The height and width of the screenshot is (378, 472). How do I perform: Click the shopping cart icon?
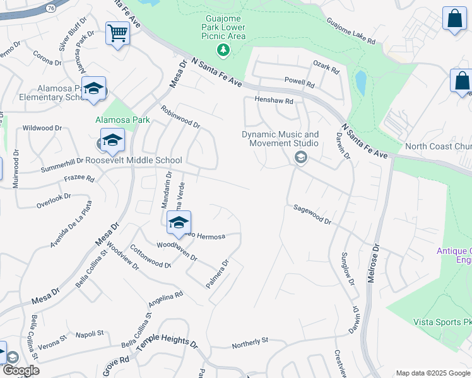pyautogui.click(x=117, y=33)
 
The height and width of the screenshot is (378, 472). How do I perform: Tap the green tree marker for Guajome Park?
pyautogui.click(x=221, y=49)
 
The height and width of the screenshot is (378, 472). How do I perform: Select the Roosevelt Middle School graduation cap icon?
pyautogui.click(x=112, y=140)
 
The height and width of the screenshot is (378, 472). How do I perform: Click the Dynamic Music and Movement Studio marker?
pyautogui.click(x=300, y=157)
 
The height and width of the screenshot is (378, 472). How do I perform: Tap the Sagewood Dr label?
pyautogui.click(x=312, y=214)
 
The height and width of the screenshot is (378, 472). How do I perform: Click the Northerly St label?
pyautogui.click(x=250, y=342)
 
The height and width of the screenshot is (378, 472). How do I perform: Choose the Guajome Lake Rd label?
pyautogui.click(x=351, y=31)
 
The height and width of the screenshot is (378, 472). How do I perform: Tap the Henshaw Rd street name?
pyautogui.click(x=274, y=100)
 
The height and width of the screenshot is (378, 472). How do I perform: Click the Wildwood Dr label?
pyautogui.click(x=42, y=128)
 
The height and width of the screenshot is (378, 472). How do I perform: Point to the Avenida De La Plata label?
pyautogui.click(x=71, y=224)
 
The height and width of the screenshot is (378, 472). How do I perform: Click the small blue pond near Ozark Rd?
pyautogui.click(x=360, y=82)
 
